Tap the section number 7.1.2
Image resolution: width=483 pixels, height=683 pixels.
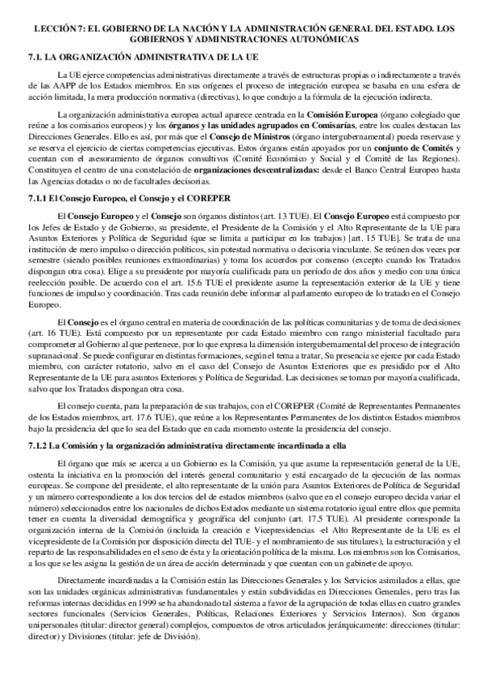tap(38, 445)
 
